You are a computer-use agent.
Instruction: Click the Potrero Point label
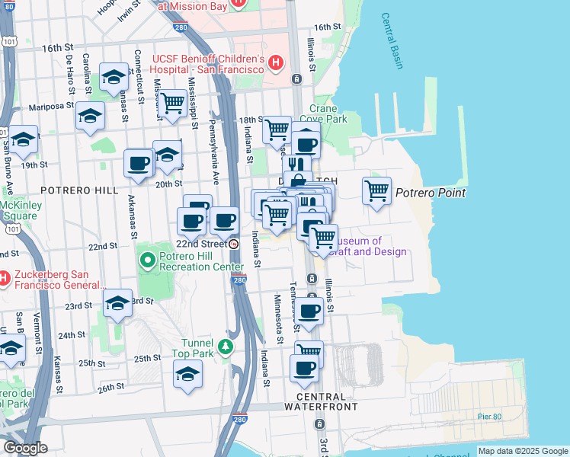coord(430,193)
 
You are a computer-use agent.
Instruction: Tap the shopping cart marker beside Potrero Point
coord(376,190)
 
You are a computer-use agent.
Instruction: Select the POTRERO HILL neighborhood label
coord(81,190)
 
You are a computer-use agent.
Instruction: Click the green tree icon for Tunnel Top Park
coord(225,347)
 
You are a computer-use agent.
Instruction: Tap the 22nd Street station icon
coord(234,244)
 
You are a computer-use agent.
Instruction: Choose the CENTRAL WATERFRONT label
coord(326,401)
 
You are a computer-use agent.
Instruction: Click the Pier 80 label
coord(491,416)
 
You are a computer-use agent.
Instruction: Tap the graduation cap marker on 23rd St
coord(117,302)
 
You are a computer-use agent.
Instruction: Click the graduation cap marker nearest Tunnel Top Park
coord(187,374)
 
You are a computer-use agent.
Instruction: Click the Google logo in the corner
coord(24,448)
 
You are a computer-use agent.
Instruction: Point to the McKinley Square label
coord(19,209)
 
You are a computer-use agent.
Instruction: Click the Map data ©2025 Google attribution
coord(522,451)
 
